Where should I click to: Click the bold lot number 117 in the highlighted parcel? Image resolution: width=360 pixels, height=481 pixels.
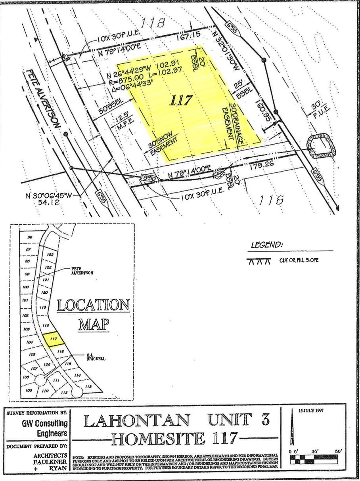[x=181, y=100]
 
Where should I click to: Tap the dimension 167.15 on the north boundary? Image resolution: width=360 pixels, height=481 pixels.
[x=188, y=36]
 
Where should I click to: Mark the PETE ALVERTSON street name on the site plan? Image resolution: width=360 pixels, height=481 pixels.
[x=42, y=99]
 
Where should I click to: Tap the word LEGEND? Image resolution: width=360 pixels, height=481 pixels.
[x=267, y=245]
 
